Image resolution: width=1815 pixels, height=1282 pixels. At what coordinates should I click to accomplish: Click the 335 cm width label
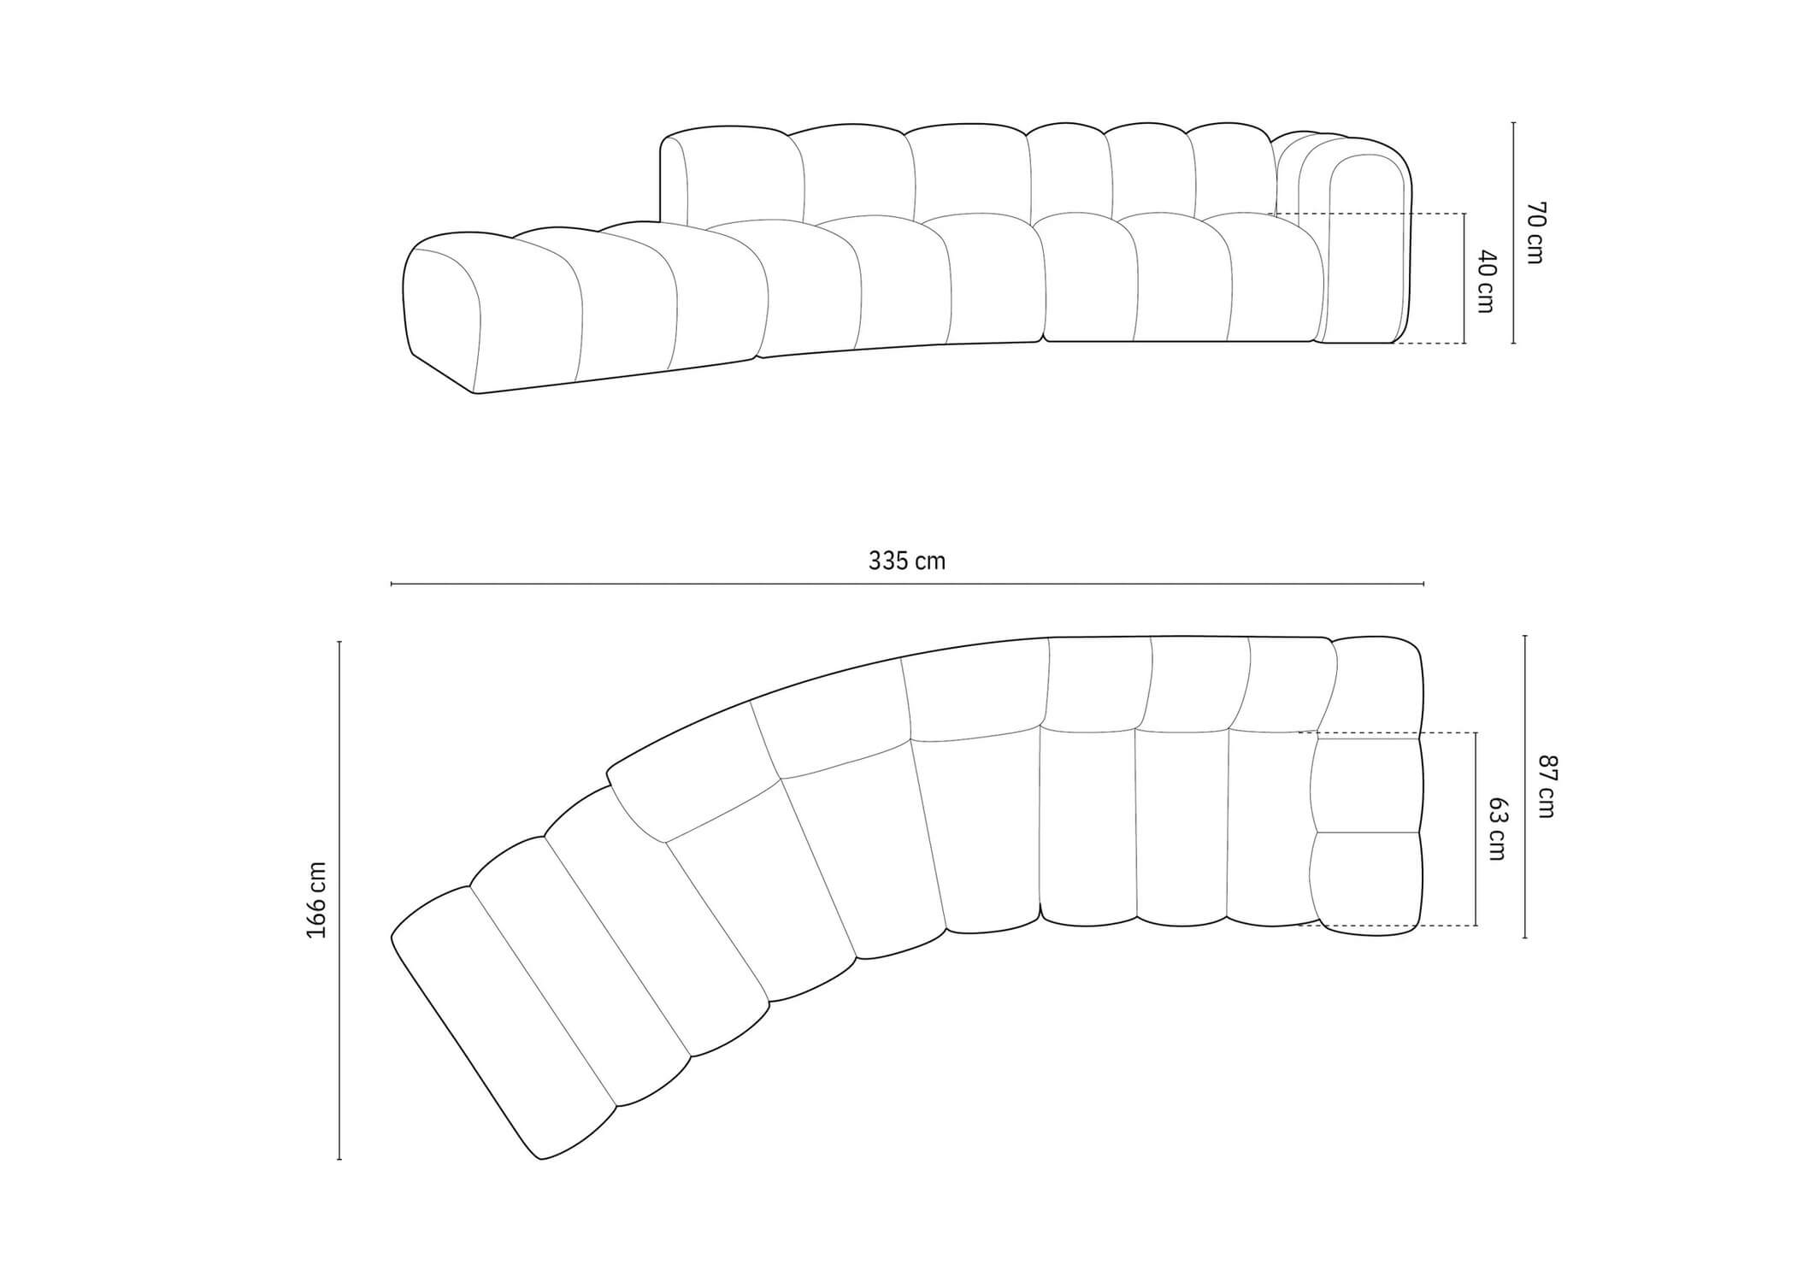coord(907,561)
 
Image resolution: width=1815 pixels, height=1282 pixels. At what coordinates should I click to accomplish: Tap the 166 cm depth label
coord(316,899)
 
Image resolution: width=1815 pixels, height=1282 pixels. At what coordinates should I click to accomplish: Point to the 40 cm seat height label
coord(1485,281)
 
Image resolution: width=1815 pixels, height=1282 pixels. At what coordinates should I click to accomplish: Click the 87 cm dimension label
coord(1547,786)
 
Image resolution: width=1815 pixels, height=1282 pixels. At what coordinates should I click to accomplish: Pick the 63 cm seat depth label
coord(1498,829)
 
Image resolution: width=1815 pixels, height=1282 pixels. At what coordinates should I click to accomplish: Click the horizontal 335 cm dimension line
coord(907,584)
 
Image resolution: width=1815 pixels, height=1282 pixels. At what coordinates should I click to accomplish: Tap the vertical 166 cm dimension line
coord(339,900)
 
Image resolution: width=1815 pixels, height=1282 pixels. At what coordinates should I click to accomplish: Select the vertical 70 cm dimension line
coord(1513,232)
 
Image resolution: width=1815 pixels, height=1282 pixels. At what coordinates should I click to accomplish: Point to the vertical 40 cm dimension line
coord(1464,278)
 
